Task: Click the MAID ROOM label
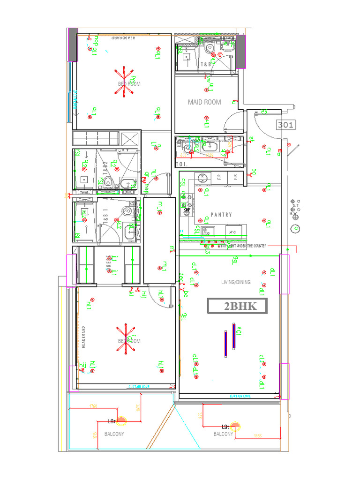(x=204, y=102)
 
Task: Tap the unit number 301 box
(x=285, y=125)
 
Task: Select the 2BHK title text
(x=238, y=307)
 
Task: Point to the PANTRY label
(x=221, y=215)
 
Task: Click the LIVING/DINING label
(x=236, y=282)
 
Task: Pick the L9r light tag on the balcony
(x=112, y=421)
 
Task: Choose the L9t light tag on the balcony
(x=225, y=426)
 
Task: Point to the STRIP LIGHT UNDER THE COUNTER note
(x=243, y=246)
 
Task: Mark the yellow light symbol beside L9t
(x=237, y=427)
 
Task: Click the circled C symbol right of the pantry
(x=295, y=228)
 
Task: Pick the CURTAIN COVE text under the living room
(x=240, y=396)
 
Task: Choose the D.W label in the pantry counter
(x=231, y=232)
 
